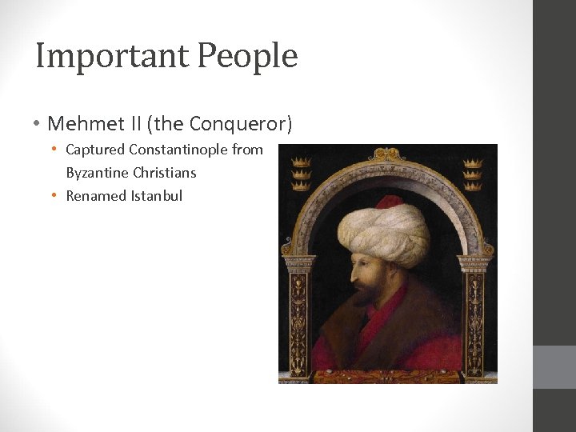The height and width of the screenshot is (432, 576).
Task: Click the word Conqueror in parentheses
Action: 246,124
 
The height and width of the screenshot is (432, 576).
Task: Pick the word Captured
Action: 94,150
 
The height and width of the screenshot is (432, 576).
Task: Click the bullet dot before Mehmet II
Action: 38,125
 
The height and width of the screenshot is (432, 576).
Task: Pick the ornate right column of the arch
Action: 472,312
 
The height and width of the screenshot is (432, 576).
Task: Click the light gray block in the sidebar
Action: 554,367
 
